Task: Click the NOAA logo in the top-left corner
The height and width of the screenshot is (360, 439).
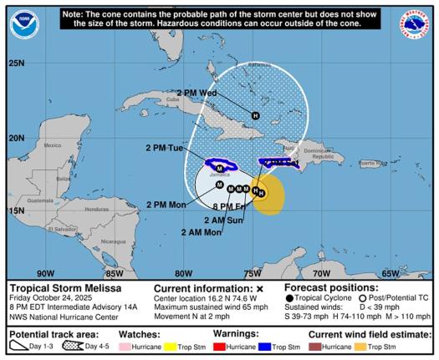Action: pos(25,25)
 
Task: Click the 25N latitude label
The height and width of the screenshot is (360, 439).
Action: pos(16,63)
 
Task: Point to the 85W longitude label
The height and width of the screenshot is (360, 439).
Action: pos(114,272)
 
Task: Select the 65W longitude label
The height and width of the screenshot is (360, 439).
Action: pos(390,272)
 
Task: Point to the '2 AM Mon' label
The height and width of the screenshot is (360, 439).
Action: pos(201,232)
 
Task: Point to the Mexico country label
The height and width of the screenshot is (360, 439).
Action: pos(52,145)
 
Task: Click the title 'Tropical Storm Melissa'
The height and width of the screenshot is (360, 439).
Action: pos(54,287)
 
